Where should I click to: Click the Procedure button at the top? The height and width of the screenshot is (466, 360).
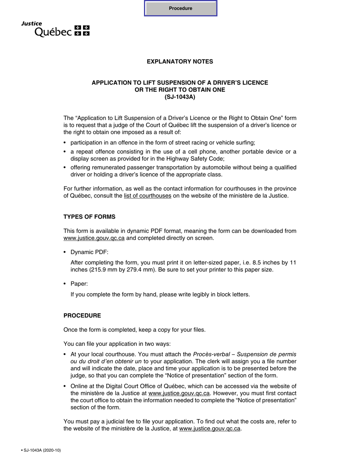point(180,8)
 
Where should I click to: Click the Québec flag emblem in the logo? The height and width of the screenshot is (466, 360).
point(82,31)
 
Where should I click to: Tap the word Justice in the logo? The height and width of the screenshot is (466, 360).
point(31,23)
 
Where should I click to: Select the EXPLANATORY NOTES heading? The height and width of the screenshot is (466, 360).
point(180,62)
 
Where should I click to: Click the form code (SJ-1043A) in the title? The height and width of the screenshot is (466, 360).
point(180,97)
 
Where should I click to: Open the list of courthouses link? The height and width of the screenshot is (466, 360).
point(147,196)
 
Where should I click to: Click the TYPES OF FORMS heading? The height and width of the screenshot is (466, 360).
point(89,217)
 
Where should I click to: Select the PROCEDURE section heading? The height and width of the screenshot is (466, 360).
point(82,316)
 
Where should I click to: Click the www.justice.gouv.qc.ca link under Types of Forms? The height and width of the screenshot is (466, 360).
point(94,238)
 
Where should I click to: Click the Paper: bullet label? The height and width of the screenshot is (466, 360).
point(79,284)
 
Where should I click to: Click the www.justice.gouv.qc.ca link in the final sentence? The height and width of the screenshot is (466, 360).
point(210,428)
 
